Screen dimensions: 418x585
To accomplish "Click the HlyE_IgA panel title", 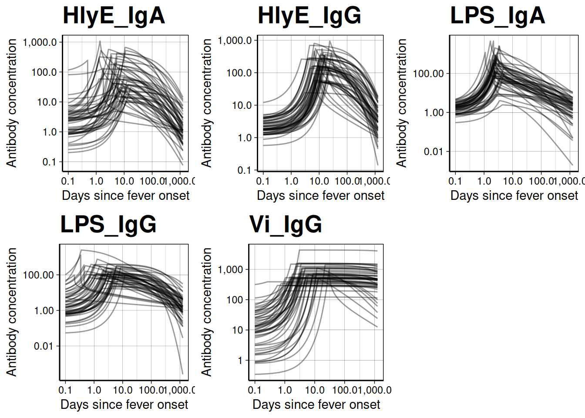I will (114, 16).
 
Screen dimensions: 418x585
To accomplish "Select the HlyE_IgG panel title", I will (309, 16).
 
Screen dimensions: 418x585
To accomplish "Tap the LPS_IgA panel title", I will (498, 16).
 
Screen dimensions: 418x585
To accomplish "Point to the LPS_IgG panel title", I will (108, 225).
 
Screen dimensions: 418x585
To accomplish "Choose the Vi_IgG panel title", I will (286, 225).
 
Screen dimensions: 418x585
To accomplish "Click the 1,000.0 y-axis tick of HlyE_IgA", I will (40, 42).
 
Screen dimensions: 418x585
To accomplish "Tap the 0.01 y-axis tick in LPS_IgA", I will (434, 152).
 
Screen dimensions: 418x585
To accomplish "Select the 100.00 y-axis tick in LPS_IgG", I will (38, 275).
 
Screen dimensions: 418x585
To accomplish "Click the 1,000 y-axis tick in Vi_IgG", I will (231, 270).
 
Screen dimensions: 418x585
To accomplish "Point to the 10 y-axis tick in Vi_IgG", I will (238, 330).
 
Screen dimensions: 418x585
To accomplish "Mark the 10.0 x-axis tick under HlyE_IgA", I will (124, 181).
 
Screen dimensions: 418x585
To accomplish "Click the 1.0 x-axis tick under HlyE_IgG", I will (291, 181).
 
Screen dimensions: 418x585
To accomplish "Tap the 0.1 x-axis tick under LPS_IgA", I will (455, 181).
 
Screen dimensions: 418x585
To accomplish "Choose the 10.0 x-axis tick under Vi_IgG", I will (315, 390).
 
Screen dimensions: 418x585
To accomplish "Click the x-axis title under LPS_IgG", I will (124, 405).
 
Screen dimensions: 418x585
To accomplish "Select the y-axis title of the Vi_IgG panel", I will (206, 312).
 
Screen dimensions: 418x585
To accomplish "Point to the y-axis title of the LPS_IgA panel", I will (401, 103).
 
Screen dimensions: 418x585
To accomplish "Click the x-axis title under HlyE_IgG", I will (320, 196).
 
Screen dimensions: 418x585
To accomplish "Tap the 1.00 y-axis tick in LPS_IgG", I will (44, 310).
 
